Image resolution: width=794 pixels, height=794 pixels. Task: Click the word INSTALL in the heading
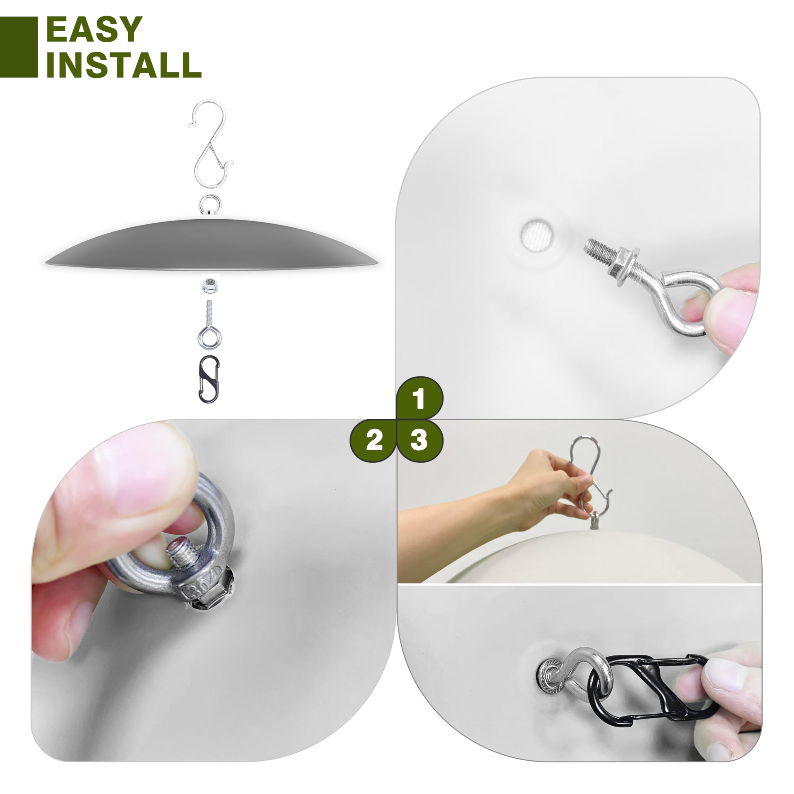click(124, 65)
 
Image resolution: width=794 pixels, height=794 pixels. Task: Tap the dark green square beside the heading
click(19, 47)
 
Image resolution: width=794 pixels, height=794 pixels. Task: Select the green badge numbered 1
click(420, 398)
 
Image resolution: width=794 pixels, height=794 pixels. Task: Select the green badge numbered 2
click(373, 440)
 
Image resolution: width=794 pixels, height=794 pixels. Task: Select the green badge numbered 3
click(420, 440)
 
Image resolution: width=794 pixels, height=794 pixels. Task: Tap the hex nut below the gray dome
click(210, 284)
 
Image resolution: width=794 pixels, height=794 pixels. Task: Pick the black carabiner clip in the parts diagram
click(209, 379)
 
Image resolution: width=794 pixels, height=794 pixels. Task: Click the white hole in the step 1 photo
click(537, 236)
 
